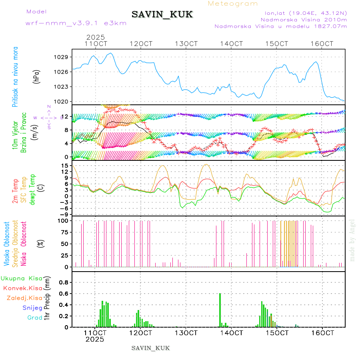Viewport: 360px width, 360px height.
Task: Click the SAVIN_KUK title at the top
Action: click(162, 15)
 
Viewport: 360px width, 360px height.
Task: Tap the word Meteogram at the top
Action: click(233, 4)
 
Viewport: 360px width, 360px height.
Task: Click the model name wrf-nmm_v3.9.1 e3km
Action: click(76, 23)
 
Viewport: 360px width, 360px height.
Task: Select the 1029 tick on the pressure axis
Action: click(61, 57)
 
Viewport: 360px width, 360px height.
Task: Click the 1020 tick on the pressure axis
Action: click(61, 102)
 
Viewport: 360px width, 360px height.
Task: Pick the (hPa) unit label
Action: click(36, 76)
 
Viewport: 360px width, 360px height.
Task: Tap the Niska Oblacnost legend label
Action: click(24, 244)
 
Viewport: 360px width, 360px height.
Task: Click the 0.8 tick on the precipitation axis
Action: click(63, 282)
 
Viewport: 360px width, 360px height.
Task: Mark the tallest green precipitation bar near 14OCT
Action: click(220, 310)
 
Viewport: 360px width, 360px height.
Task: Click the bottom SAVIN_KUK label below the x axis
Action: click(151, 348)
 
